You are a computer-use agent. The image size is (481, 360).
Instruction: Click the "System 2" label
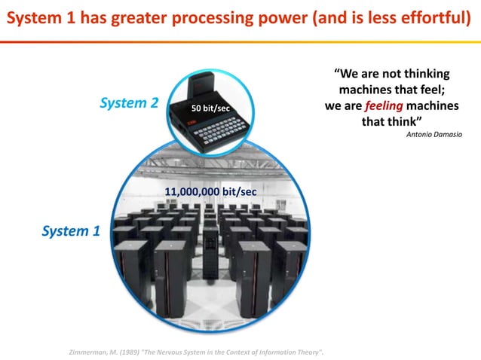(128, 103)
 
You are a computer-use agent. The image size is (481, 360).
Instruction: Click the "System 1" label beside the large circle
(70, 231)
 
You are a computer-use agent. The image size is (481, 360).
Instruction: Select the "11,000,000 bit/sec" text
(210, 193)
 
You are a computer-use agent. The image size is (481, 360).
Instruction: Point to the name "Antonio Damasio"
(434, 134)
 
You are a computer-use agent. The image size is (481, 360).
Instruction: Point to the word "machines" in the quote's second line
(368, 90)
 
